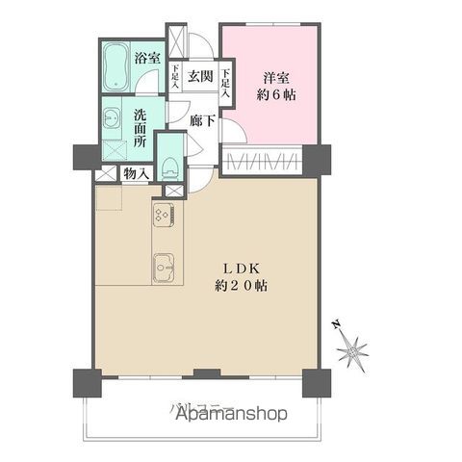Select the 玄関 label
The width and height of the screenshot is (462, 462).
(x=199, y=75)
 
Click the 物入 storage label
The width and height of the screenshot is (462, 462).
(x=136, y=174)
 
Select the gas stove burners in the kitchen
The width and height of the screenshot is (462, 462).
(x=161, y=217)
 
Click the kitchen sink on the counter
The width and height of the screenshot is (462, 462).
(x=161, y=265)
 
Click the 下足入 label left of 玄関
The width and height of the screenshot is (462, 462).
(x=176, y=75)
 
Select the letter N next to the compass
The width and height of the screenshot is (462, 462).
(x=332, y=325)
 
